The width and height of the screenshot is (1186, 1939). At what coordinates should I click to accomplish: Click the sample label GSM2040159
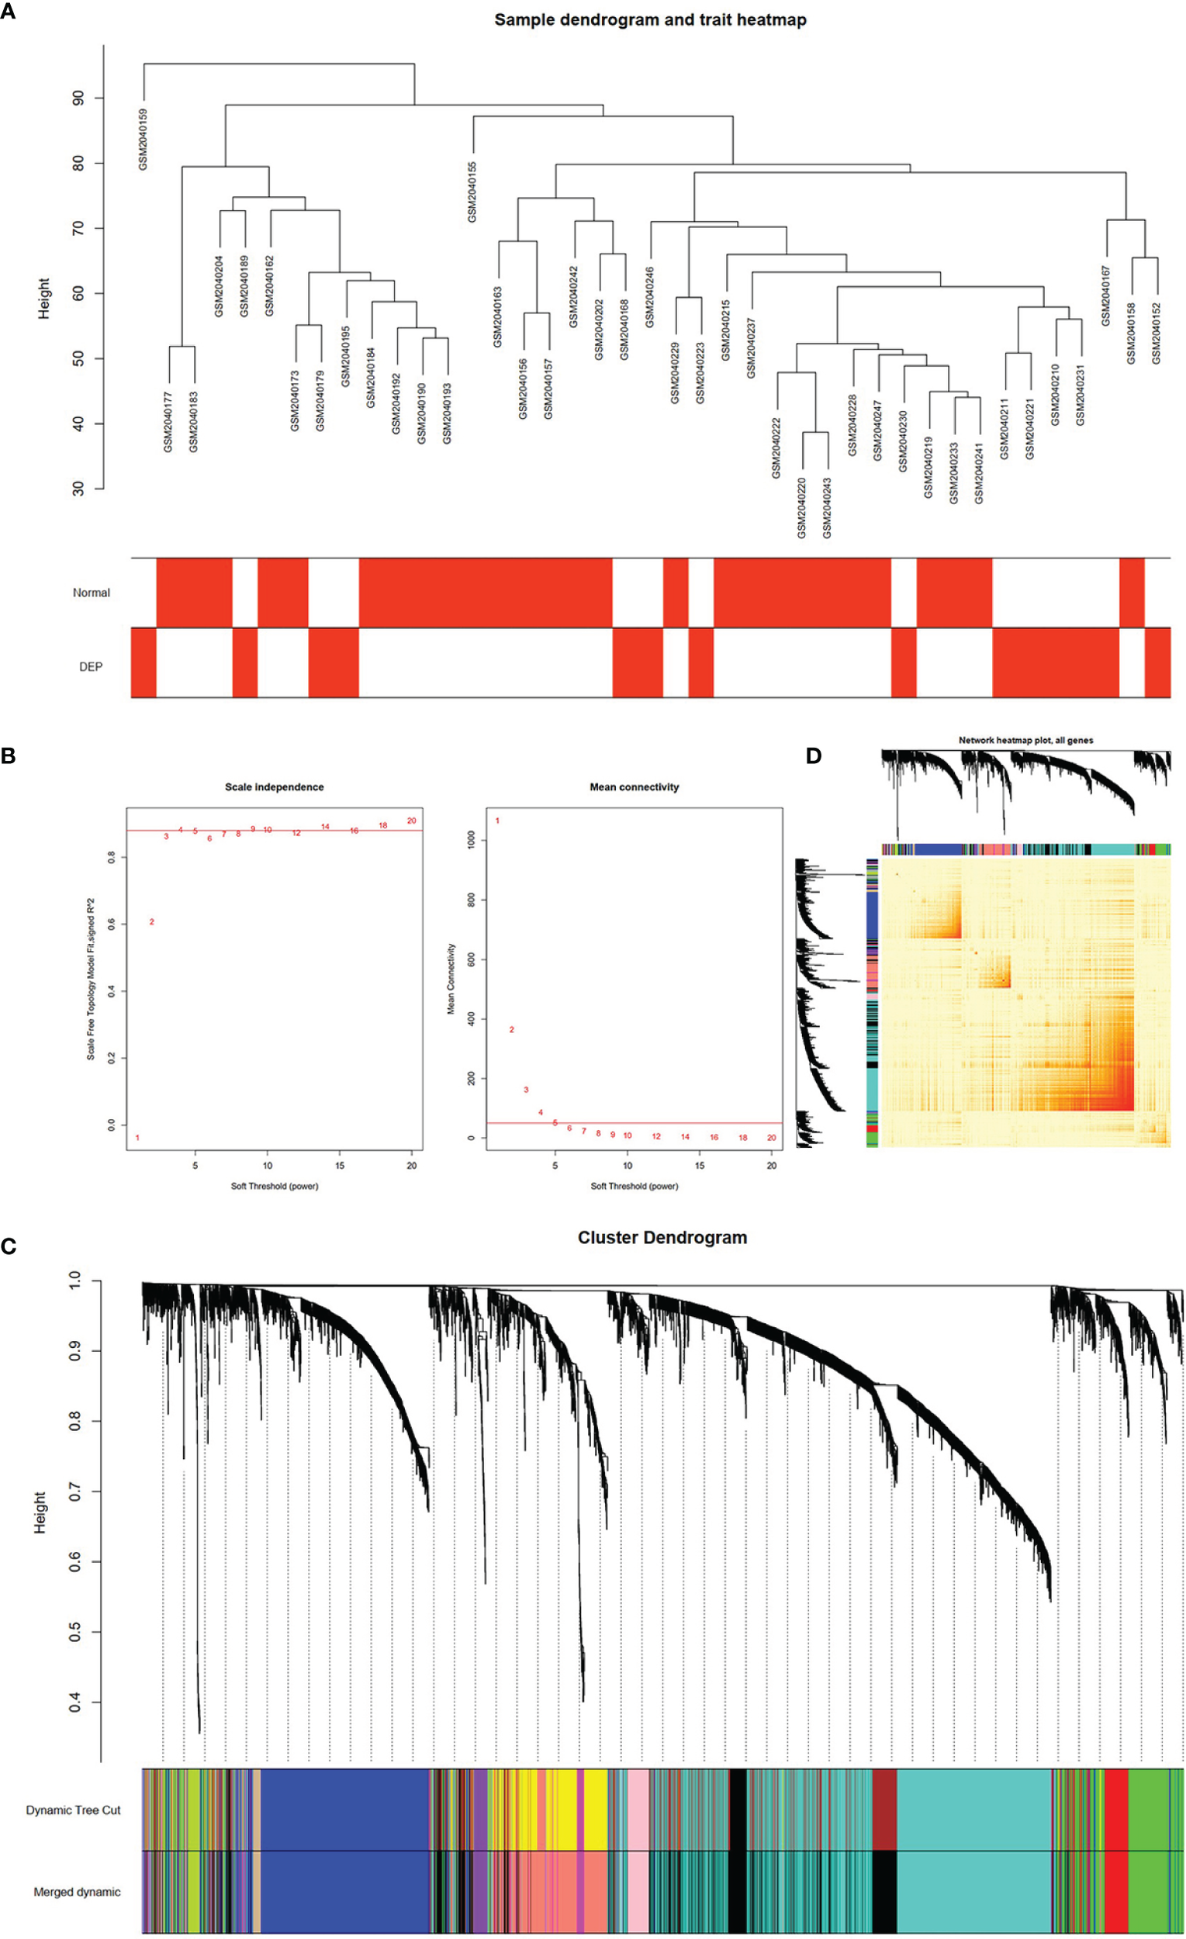click(x=143, y=140)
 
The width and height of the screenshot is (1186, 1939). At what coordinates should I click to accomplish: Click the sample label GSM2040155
click(x=472, y=192)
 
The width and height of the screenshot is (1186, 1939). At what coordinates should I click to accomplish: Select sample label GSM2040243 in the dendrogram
click(x=827, y=507)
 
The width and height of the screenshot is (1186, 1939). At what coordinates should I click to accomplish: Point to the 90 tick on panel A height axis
click(x=78, y=98)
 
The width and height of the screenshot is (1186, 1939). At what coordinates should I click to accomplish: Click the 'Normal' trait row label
click(x=92, y=593)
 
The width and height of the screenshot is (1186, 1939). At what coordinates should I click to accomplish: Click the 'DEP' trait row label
click(x=91, y=666)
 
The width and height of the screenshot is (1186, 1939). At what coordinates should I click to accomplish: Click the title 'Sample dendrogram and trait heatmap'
click(x=650, y=19)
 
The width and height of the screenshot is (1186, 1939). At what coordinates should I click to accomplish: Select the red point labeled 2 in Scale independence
click(x=152, y=921)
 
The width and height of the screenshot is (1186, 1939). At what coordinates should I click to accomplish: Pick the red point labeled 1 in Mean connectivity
click(x=497, y=821)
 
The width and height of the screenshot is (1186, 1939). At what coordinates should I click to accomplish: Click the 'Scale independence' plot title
click(x=274, y=787)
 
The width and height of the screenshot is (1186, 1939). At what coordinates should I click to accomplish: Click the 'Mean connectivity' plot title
click(x=634, y=787)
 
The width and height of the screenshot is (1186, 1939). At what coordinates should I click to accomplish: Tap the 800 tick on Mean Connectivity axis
click(x=472, y=900)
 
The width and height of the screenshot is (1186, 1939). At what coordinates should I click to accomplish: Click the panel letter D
click(x=814, y=756)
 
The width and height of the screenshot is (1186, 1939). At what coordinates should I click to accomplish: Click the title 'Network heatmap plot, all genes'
click(x=1025, y=741)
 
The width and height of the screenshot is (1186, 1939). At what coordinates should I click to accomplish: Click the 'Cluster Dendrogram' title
click(x=662, y=1238)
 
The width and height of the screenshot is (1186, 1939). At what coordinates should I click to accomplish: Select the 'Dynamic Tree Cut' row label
click(x=73, y=1810)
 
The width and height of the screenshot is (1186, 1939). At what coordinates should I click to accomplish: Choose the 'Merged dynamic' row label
click(x=77, y=1892)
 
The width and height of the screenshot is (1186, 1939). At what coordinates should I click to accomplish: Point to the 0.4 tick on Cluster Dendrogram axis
click(x=74, y=1703)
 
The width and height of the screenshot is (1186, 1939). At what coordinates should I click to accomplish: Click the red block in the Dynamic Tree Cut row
click(x=1116, y=1809)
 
